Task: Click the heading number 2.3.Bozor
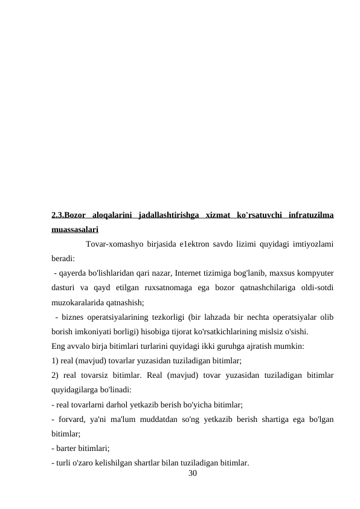pyautogui.click(x=68, y=215)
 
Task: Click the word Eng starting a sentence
pyautogui.click(x=59, y=346)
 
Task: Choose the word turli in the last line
pyautogui.click(x=65, y=462)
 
